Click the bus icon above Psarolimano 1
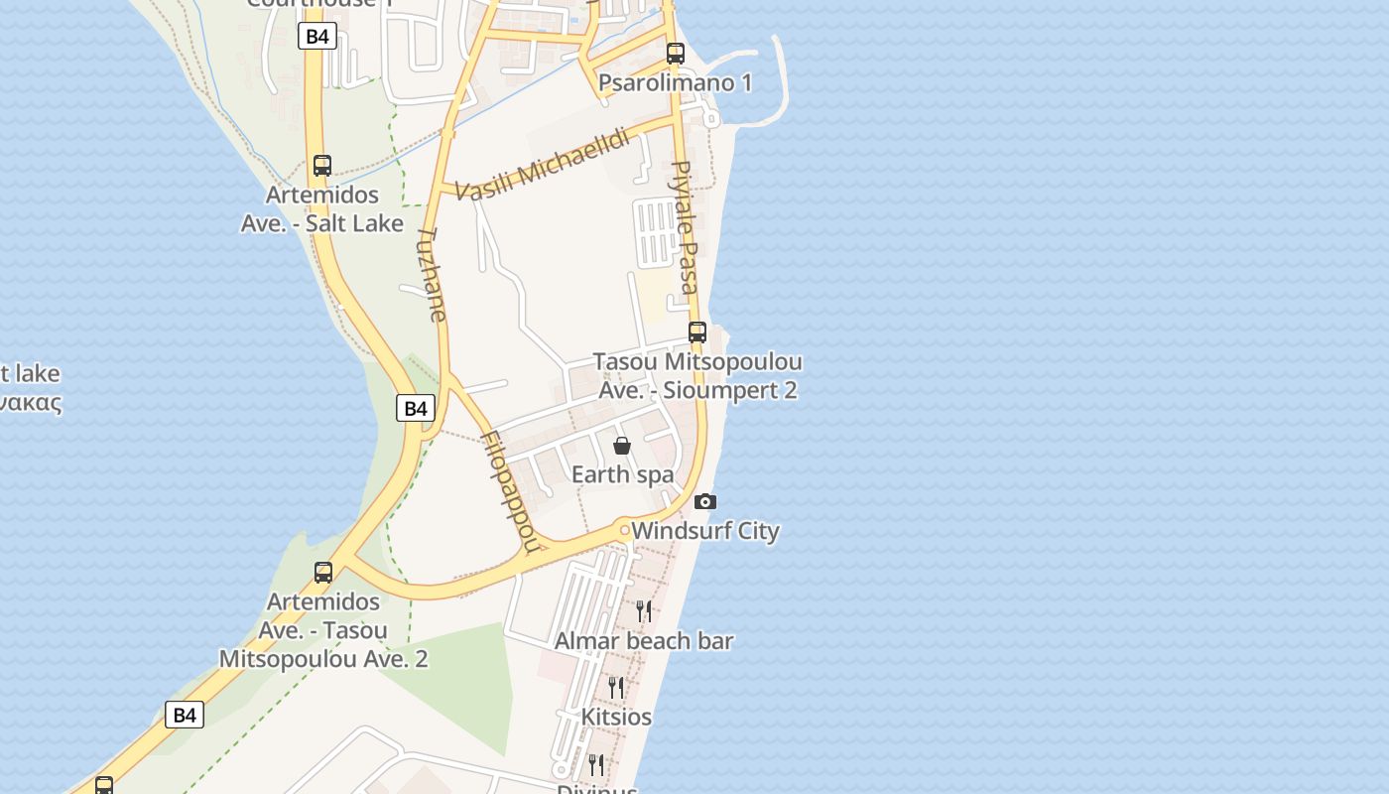[x=676, y=54]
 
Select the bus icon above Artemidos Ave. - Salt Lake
[x=322, y=166]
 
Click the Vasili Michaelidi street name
[x=543, y=165]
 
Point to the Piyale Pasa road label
[x=685, y=227]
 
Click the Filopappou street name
[x=513, y=490]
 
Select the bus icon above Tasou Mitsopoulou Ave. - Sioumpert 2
[x=697, y=332]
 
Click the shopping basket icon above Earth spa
[x=622, y=446]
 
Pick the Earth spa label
[x=622, y=474]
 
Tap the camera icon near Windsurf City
[x=705, y=501]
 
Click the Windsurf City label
[x=705, y=531]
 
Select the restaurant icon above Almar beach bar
[x=644, y=610]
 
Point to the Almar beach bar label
[x=644, y=641]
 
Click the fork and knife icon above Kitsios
[x=616, y=687]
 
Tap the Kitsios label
[x=616, y=717]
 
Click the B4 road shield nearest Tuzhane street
[x=416, y=408]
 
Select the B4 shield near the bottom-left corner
[x=185, y=715]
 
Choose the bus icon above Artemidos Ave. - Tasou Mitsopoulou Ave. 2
[x=323, y=573]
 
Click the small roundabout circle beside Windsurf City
[x=624, y=531]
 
